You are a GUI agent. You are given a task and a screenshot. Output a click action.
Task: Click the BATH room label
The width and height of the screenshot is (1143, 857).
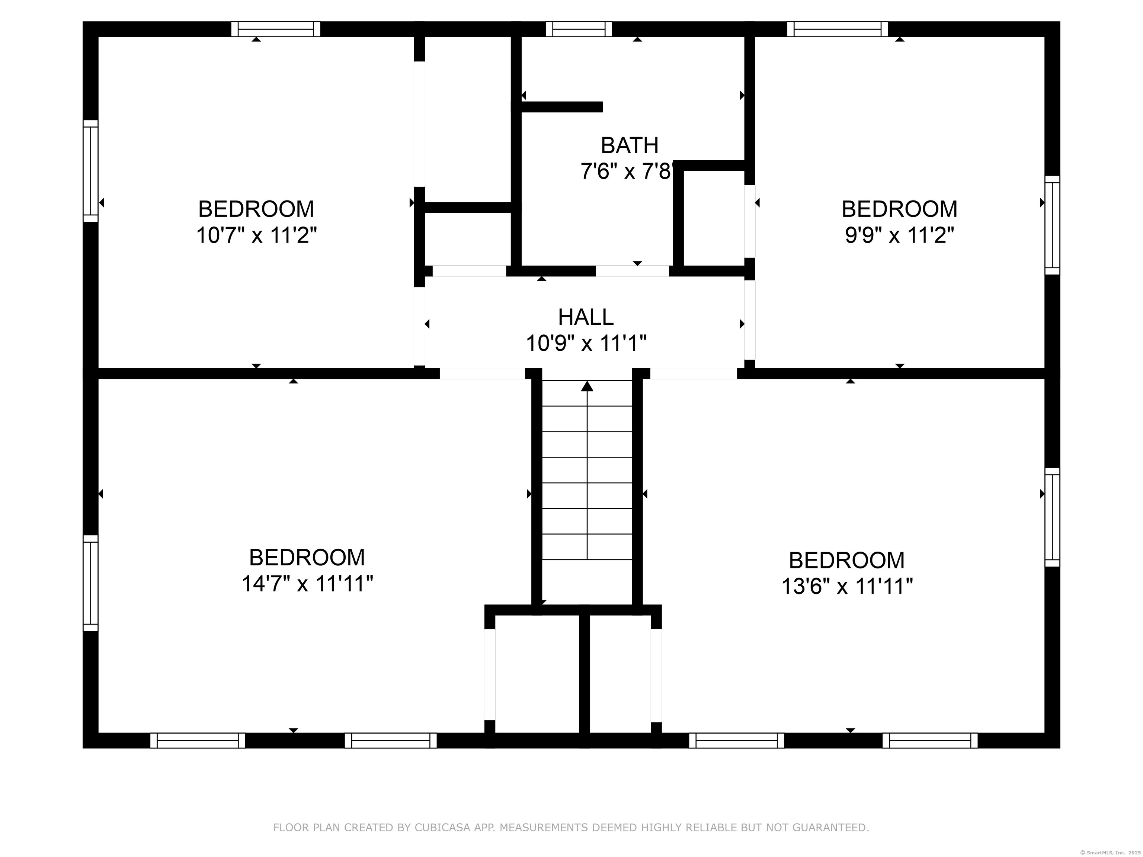pyautogui.click(x=630, y=146)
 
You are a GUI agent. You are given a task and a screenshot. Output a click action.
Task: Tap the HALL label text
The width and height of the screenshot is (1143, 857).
pyautogui.click(x=586, y=317)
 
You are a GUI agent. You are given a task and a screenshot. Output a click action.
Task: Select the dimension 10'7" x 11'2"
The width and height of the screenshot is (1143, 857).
pyautogui.click(x=256, y=235)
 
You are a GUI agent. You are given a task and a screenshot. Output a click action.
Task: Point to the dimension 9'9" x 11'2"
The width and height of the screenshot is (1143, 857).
pyautogui.click(x=899, y=235)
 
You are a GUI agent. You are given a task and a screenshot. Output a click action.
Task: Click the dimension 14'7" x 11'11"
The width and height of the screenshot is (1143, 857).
pyautogui.click(x=307, y=584)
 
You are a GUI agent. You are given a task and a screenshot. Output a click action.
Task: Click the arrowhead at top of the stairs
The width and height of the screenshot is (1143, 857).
pyautogui.click(x=587, y=386)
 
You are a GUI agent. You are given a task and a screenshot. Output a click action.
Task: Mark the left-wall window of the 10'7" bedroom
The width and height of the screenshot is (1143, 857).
pyautogui.click(x=90, y=171)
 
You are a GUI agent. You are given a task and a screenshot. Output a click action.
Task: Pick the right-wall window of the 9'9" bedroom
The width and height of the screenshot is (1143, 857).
pyautogui.click(x=1052, y=225)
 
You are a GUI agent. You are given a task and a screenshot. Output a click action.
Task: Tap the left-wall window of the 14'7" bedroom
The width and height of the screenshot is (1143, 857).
pyautogui.click(x=90, y=583)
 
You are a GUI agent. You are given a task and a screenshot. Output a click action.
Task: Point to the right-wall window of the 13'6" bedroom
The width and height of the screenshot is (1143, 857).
pyautogui.click(x=1052, y=517)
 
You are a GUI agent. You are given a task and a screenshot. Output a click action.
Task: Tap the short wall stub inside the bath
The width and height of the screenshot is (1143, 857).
pyautogui.click(x=562, y=107)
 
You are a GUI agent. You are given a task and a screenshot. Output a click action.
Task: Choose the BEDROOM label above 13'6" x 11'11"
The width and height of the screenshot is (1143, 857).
pyautogui.click(x=847, y=561)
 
